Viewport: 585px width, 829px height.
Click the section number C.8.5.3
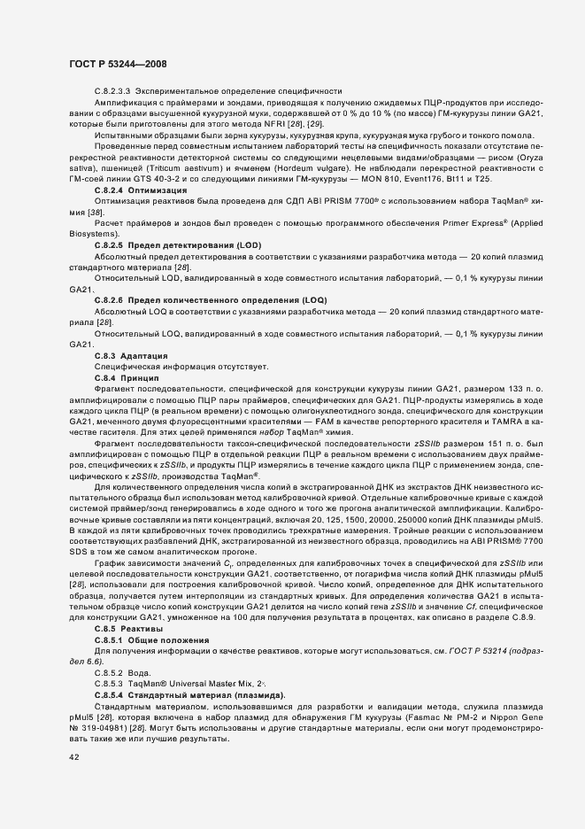(109, 684)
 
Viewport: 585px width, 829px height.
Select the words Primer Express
(486, 224)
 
